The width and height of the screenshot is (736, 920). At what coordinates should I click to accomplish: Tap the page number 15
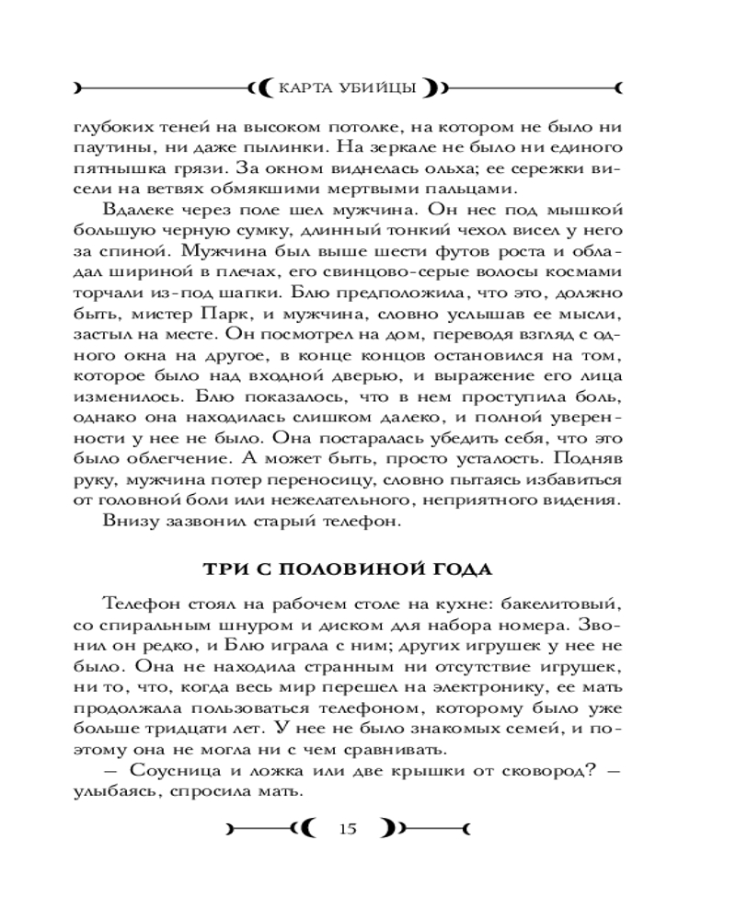click(x=347, y=829)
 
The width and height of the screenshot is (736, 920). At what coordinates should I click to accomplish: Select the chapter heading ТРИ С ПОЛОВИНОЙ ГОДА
click(x=348, y=568)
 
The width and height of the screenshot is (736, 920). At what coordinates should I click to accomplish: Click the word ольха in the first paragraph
click(x=420, y=168)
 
